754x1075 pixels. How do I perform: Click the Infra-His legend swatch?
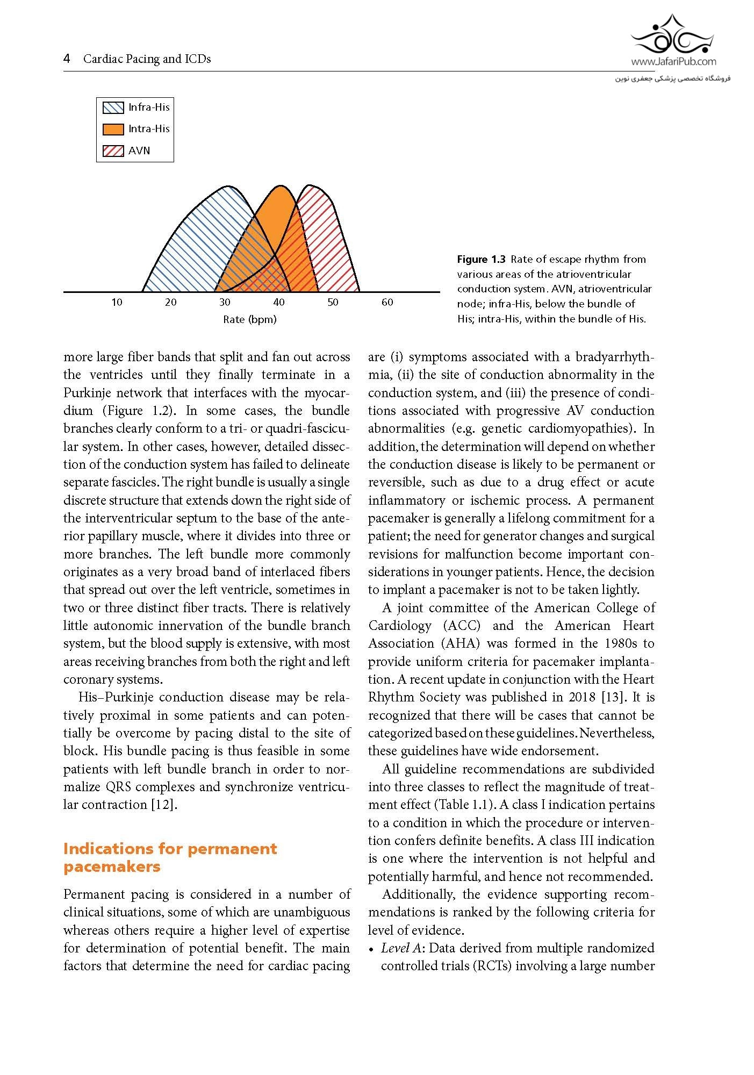113,107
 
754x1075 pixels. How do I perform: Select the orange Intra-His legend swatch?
113,129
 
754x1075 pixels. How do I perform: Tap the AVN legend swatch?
113,151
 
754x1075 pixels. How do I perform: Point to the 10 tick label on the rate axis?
117,303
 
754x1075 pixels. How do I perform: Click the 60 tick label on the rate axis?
387,303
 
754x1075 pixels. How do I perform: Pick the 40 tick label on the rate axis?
279,303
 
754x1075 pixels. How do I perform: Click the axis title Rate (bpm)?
250,320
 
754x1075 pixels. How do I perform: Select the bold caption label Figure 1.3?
481,260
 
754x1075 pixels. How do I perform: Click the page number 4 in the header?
67,59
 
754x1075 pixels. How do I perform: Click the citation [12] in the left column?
164,805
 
